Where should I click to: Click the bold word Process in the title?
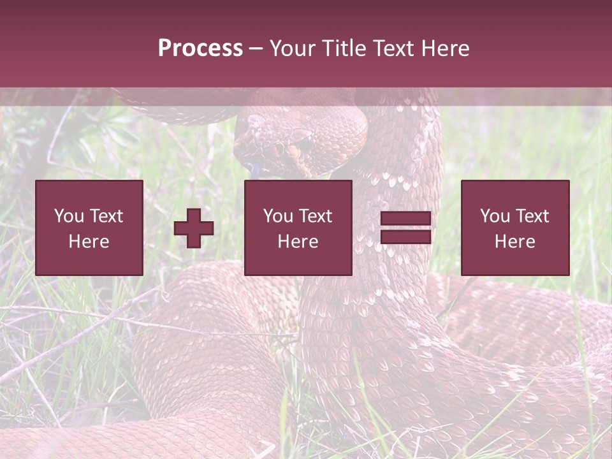point(200,48)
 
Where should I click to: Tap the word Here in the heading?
point(445,48)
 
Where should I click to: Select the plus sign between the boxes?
point(194,228)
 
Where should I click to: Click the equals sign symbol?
point(405,228)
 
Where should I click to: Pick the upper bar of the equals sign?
point(405,219)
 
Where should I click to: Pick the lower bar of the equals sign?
point(405,237)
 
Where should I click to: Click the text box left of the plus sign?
point(89,228)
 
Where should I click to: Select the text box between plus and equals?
point(298,228)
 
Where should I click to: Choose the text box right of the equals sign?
point(515,228)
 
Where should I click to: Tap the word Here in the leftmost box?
point(89,242)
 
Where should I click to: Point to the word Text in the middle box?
point(316,216)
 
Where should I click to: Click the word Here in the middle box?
point(298,242)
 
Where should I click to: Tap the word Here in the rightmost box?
point(515,242)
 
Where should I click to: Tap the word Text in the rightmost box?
point(532,216)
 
